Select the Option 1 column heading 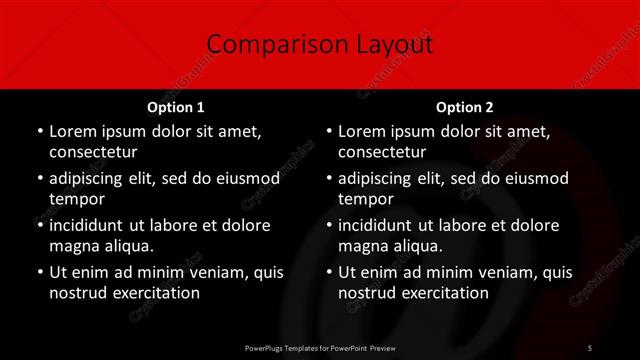point(176,106)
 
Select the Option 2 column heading point(465,106)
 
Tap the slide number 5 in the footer point(590,347)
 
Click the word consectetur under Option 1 point(93,152)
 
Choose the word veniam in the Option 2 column point(508,272)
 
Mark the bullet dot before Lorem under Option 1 point(39,132)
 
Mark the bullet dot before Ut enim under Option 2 point(328,272)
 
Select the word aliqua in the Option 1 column point(127,246)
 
